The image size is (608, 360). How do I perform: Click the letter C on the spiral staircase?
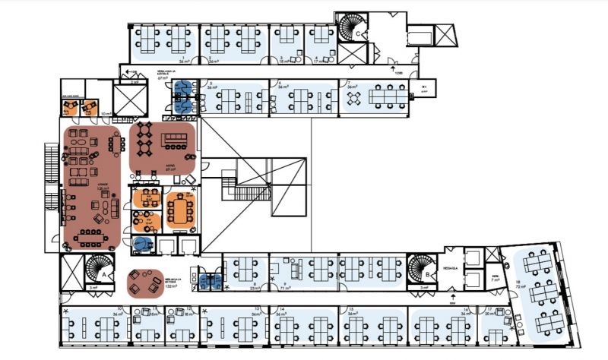[357, 33]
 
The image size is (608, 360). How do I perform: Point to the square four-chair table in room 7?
[352, 98]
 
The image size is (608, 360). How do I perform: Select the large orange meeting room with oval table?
[180, 208]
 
